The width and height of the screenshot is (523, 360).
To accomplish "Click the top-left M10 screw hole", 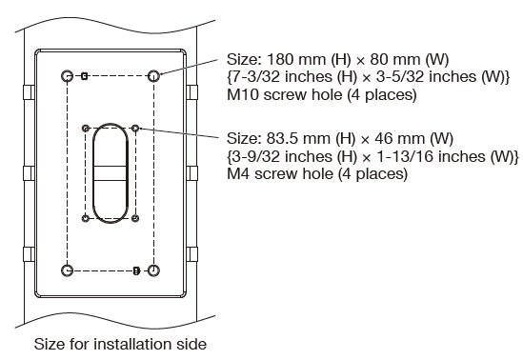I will click(x=66, y=75).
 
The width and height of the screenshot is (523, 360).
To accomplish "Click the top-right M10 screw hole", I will click(x=154, y=75).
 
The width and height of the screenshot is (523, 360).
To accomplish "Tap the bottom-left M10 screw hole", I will click(x=66, y=270).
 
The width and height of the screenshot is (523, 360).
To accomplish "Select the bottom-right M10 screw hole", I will click(x=154, y=270).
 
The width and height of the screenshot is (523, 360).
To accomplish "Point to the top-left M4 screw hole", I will click(x=87, y=127).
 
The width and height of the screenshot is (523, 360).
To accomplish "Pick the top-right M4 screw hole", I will click(x=135, y=127).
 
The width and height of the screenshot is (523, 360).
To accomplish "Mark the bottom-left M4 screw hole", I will click(x=87, y=218).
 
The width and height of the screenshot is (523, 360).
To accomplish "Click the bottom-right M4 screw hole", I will click(x=135, y=218).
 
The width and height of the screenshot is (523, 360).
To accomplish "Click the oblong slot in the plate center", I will click(x=111, y=172).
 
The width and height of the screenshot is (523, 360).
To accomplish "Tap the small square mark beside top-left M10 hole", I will click(x=85, y=75).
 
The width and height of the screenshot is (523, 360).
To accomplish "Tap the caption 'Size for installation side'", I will click(x=119, y=344).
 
